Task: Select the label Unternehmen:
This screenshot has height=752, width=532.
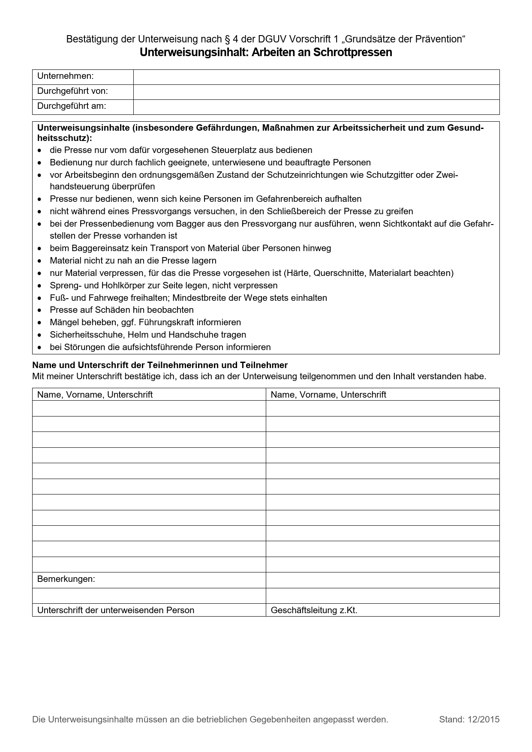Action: point(65,76)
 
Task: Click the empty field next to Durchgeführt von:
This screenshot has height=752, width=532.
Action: point(316,92)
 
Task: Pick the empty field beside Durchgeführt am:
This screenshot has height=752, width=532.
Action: point(316,107)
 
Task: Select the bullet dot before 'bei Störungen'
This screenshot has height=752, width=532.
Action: point(40,348)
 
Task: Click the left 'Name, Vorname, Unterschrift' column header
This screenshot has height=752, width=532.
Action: point(95,395)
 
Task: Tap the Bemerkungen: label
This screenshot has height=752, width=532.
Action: point(66,579)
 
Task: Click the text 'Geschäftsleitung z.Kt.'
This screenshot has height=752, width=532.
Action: point(314,610)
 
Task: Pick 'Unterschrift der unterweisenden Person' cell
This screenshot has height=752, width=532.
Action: point(116,610)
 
